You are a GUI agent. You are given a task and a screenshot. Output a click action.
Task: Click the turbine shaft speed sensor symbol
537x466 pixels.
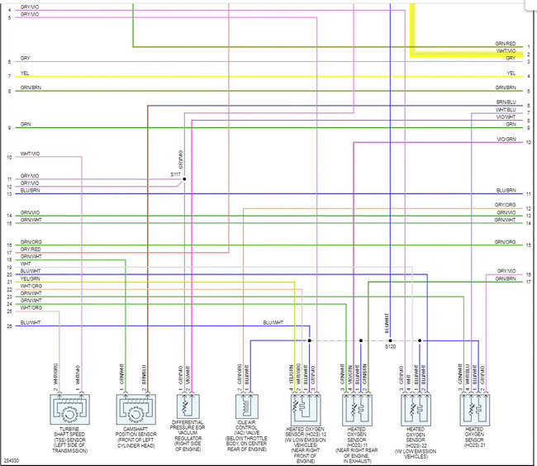click(67, 408)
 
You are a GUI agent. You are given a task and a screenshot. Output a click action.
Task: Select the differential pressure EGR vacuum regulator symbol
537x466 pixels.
click(187, 408)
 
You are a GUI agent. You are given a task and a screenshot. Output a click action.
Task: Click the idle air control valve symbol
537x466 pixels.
click(245, 408)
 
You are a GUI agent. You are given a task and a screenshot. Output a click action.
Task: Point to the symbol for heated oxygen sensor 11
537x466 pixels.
click(356, 408)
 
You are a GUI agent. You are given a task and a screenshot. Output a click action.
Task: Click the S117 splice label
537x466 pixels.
click(175, 174)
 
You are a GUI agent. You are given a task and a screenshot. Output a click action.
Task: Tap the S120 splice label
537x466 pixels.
click(390, 348)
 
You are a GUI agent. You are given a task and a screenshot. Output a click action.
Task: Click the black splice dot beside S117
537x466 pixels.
click(184, 179)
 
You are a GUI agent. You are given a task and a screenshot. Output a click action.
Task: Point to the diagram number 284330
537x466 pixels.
click(11, 459)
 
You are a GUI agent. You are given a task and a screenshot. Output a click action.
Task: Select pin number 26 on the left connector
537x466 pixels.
click(9, 326)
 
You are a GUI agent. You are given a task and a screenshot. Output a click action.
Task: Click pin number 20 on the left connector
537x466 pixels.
click(9, 274)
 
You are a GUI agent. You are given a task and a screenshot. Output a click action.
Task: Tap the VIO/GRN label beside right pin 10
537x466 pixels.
click(506, 139)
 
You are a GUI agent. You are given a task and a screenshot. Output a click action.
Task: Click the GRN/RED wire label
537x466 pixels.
click(505, 43)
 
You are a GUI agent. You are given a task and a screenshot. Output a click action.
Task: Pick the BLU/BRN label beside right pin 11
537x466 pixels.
click(506, 191)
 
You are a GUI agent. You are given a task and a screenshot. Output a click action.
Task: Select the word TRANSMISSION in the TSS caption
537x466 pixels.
click(69, 451)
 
